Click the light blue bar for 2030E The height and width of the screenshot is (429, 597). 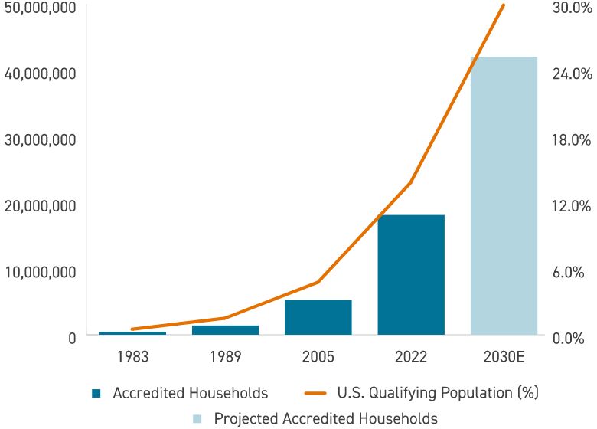[504, 195]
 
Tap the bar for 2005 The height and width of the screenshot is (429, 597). [318, 317]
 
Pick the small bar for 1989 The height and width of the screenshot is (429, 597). [225, 330]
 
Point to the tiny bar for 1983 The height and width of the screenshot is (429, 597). [132, 333]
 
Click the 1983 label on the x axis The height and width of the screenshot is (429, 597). [132, 356]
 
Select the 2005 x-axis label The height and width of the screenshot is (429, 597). [318, 356]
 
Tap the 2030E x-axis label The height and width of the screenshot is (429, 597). [504, 356]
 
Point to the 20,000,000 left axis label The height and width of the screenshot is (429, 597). [39, 205]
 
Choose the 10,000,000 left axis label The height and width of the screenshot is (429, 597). [39, 272]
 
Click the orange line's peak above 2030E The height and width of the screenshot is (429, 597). [504, 5]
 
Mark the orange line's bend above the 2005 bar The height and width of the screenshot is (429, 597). [318, 282]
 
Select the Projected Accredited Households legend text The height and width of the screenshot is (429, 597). [325, 418]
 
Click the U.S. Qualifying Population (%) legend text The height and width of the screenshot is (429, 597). [438, 393]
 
